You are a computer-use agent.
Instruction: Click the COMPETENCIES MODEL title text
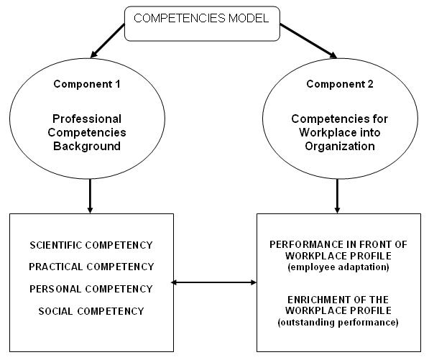(x=201, y=19)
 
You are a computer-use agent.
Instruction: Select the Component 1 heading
(x=87, y=84)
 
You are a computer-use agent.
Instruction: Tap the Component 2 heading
(x=340, y=84)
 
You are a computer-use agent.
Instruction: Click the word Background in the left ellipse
(x=87, y=146)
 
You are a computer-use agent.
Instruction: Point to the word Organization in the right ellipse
(x=340, y=146)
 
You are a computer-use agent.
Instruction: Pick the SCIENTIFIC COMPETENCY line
(x=91, y=245)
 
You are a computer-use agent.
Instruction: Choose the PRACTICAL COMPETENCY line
(x=91, y=267)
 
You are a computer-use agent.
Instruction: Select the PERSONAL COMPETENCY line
(x=91, y=289)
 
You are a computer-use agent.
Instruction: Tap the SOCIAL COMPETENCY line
(x=91, y=311)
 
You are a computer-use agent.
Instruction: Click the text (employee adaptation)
(x=338, y=267)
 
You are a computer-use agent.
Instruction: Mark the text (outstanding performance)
(x=338, y=322)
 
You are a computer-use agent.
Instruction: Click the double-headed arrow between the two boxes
(x=213, y=282)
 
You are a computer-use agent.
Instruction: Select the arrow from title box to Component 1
(x=107, y=41)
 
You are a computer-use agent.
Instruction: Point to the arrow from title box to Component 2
(x=308, y=41)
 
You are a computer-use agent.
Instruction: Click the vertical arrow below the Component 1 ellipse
(x=90, y=196)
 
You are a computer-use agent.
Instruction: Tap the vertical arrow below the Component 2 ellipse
(x=337, y=196)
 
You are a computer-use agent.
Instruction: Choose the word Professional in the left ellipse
(x=87, y=119)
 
